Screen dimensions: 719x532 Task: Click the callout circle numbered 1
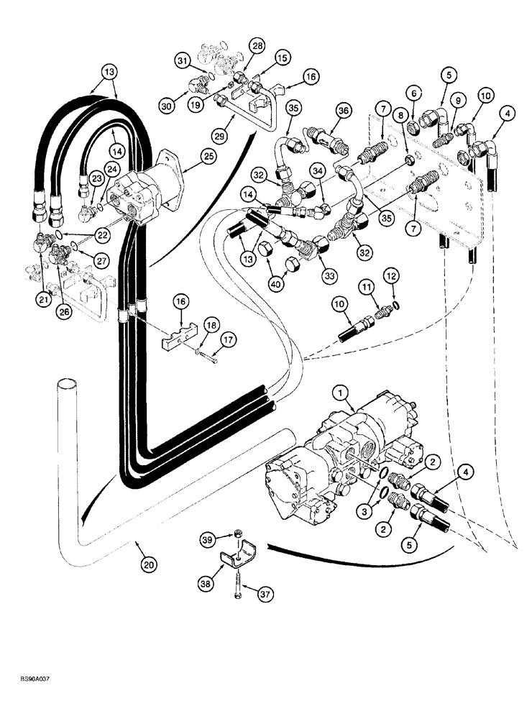point(341,393)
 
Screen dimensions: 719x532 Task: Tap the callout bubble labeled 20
point(149,566)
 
